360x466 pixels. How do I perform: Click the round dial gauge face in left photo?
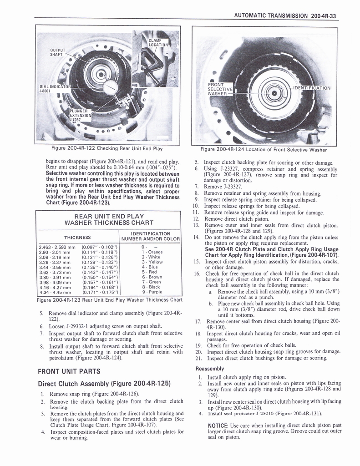110,88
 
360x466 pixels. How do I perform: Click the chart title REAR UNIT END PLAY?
109,216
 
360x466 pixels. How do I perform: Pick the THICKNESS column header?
77,237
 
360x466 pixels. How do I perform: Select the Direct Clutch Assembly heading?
104,383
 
